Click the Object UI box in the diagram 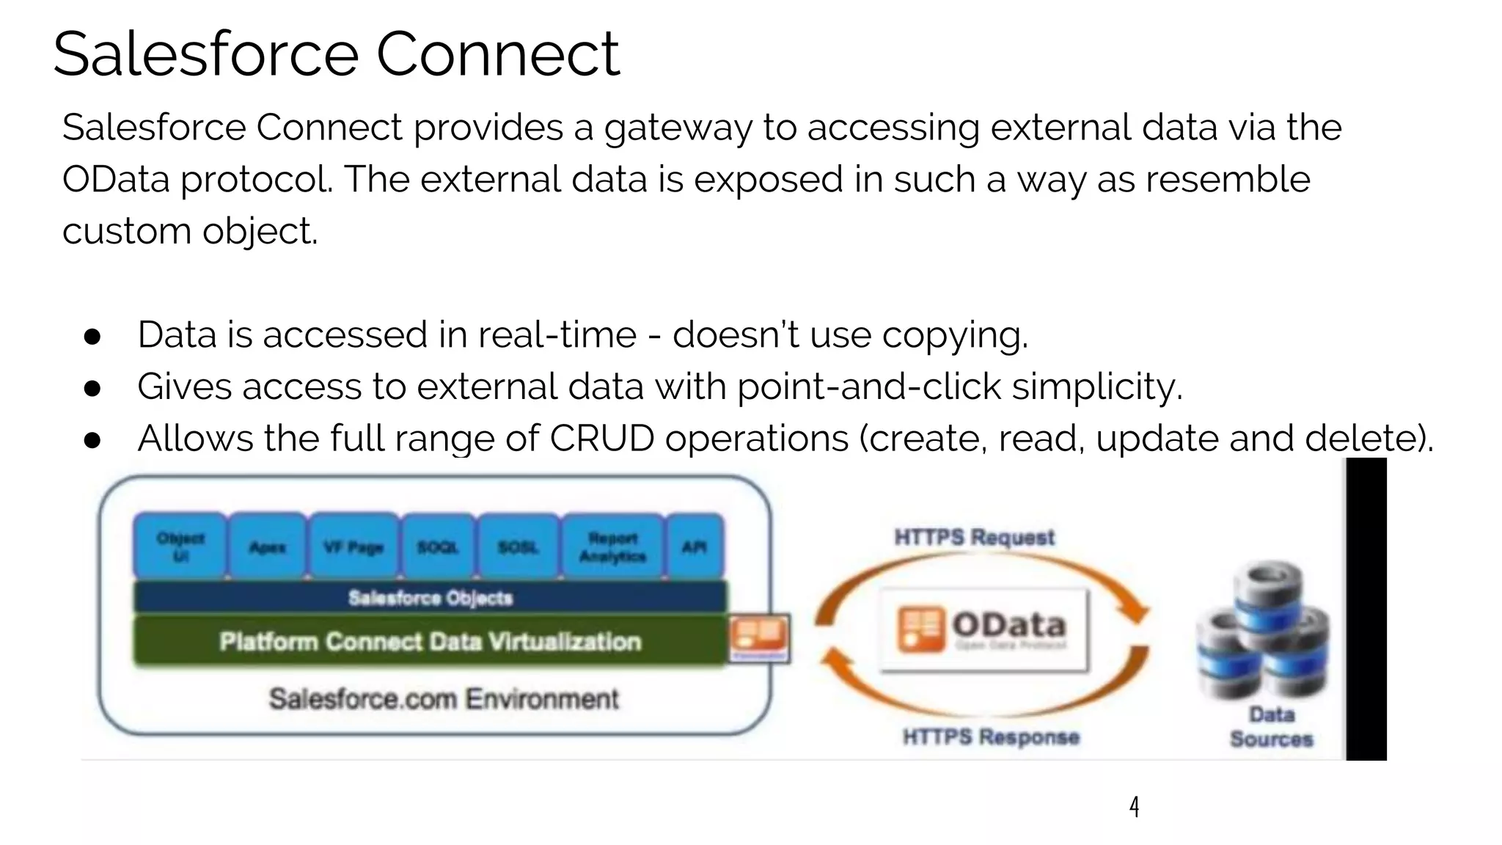tap(180, 546)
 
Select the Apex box tap(267, 546)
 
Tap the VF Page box tap(354, 546)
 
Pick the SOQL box tap(438, 546)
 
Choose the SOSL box tap(519, 546)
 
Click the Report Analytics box tap(613, 546)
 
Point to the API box tap(694, 546)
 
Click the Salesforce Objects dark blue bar tap(431, 598)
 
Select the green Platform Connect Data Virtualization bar tap(431, 641)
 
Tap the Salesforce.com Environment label tap(444, 698)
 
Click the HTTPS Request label tap(974, 537)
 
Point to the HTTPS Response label tap(991, 736)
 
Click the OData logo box tap(983, 629)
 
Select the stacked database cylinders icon tap(1263, 631)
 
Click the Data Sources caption tap(1272, 727)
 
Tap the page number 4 tap(1134, 806)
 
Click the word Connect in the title tap(498, 54)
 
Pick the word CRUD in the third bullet tap(601, 439)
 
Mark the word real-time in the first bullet tap(557, 335)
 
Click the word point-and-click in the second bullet tap(869, 387)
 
